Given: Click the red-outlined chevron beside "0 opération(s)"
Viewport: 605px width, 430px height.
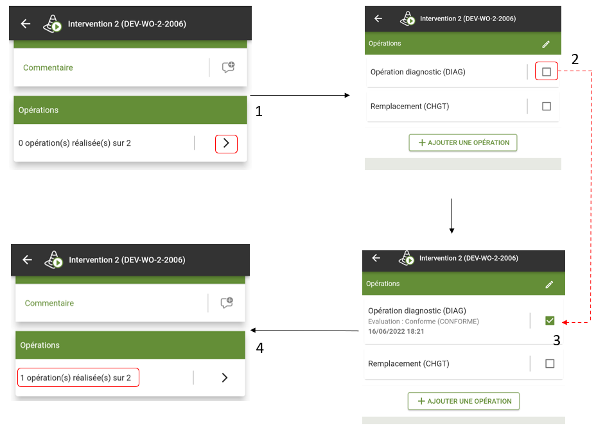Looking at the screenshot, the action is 226,144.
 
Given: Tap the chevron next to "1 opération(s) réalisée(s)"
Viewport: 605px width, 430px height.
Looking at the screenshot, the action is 225,377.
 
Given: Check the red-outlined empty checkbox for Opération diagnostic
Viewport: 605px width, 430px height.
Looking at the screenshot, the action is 547,71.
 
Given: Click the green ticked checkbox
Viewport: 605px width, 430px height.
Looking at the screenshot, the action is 550,320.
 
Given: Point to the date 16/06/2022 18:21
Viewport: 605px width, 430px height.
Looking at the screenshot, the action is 396,331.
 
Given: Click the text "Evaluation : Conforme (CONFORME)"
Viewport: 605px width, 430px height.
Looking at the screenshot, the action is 423,322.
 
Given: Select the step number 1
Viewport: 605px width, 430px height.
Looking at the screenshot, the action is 259,112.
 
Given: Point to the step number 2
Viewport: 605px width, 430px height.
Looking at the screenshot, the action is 575,60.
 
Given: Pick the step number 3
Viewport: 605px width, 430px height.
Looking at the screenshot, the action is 556,340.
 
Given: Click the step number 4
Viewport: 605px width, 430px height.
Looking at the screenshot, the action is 259,348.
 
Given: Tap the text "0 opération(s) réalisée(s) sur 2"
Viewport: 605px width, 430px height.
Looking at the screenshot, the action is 75,143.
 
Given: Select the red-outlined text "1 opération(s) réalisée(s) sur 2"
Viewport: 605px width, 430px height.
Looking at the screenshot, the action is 76,377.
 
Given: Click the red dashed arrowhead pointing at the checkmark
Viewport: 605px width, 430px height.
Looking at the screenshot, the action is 565,322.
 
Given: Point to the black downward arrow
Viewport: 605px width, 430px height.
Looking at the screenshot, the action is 452,216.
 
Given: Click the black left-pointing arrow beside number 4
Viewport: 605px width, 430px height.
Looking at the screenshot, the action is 305,331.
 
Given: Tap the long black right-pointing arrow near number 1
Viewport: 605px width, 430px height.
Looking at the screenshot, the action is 300,95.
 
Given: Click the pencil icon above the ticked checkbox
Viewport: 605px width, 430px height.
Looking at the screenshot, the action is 549,284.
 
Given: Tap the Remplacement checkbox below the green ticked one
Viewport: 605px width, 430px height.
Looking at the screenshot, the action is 550,363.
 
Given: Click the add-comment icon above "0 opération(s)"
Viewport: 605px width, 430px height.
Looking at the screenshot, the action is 228,67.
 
